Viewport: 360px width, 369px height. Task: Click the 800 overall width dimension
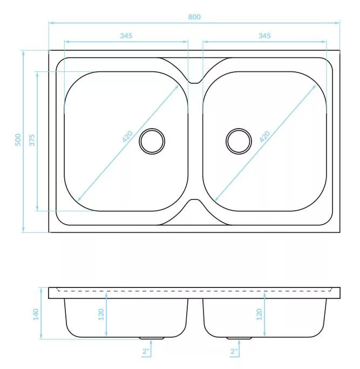[x=194, y=17]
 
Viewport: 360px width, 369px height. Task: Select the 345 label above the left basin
[x=126, y=36]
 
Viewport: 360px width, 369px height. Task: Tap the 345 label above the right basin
[x=264, y=36]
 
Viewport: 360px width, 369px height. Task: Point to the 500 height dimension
[x=18, y=140]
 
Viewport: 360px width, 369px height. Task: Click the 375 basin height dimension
[x=32, y=140]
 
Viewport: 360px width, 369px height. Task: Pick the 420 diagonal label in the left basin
[x=127, y=137]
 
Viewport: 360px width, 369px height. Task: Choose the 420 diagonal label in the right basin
[x=265, y=137]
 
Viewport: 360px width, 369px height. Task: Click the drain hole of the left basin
[x=152, y=141]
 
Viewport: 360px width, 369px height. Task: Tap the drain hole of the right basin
[x=239, y=141]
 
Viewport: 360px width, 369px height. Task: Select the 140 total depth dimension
[x=36, y=314]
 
